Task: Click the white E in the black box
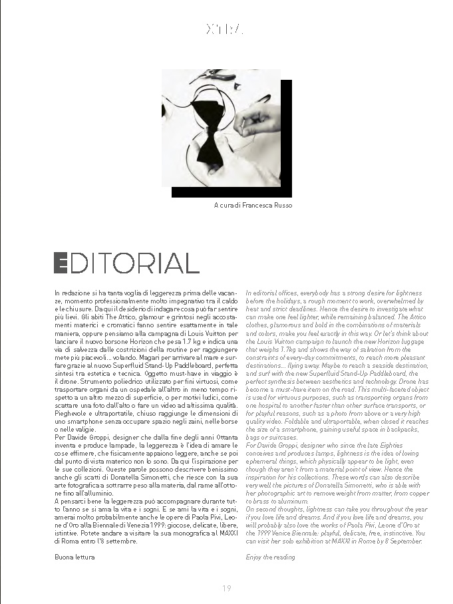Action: (61, 263)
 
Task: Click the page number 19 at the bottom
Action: (226, 587)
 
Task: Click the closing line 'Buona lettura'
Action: (75, 557)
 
